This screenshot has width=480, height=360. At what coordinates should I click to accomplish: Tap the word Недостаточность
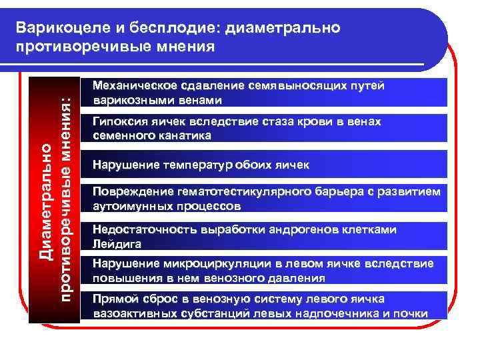pos(142,229)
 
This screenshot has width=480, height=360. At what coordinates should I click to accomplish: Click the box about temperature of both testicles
pos(267,164)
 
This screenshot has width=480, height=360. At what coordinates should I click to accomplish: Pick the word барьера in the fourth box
pos(338,192)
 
